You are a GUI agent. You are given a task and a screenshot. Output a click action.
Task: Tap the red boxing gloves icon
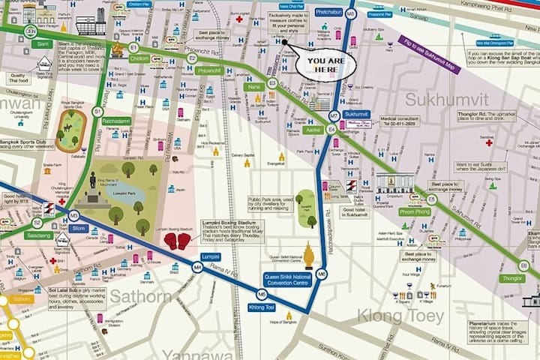tap(177, 241)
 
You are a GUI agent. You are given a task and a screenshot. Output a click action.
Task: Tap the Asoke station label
tap(313, 130)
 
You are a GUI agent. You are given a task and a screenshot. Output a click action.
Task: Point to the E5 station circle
tap(430, 199)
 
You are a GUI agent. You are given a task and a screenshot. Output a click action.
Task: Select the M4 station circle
tap(197, 266)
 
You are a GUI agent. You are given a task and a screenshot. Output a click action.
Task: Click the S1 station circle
tap(97, 111)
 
